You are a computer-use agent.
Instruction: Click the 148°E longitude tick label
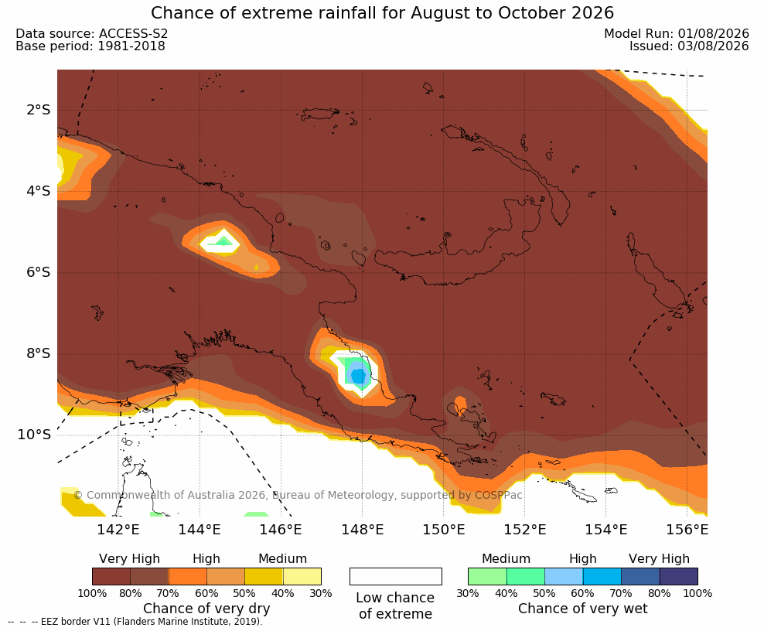tap(362, 529)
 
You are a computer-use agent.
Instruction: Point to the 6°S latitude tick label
tap(39, 272)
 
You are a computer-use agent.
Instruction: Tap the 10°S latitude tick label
tap(34, 434)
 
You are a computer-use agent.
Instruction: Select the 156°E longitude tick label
tap(687, 529)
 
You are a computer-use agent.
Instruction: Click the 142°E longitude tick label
tap(118, 529)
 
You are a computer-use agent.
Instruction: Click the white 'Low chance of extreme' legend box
tap(396, 576)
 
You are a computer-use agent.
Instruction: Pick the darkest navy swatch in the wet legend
tap(679, 576)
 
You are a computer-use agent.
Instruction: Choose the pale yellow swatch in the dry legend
tap(302, 576)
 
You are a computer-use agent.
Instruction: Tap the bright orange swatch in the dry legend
tap(188, 576)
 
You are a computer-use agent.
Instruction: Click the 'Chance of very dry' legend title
tap(206, 609)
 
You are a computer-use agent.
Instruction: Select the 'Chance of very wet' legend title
tap(583, 609)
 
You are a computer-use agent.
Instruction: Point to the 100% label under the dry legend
tap(92, 593)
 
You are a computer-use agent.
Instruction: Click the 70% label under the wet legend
tap(621, 593)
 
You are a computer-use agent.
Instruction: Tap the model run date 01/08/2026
tap(713, 33)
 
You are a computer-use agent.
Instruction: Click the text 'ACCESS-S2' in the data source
tap(133, 33)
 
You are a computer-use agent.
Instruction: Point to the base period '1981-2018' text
tap(131, 46)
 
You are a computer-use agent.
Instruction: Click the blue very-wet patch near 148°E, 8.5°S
tap(359, 375)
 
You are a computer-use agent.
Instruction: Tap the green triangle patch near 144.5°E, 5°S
tap(223, 240)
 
